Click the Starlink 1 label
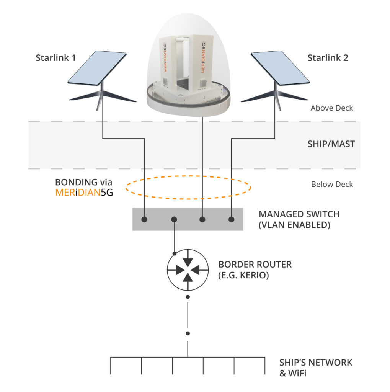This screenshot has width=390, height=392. click(x=55, y=58)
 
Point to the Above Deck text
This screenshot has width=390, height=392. click(x=331, y=108)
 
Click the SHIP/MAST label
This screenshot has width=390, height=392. click(x=331, y=144)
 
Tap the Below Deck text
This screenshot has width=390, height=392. click(x=332, y=184)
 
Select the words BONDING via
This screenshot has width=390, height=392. click(x=83, y=182)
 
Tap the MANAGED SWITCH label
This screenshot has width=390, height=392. click(x=299, y=214)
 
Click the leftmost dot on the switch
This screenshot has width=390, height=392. click(x=144, y=219)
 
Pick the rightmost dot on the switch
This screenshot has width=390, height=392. click(x=231, y=219)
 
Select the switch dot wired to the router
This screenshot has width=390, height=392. click(x=174, y=219)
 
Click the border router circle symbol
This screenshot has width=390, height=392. click(x=188, y=270)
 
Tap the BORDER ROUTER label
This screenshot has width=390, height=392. click(x=255, y=264)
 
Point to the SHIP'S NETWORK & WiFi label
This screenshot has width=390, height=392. click(x=315, y=367)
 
